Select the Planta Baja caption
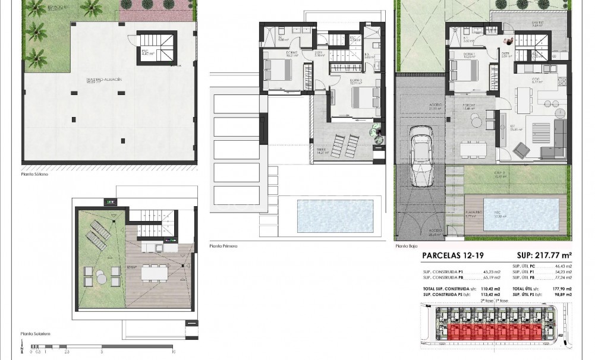tap(407, 244)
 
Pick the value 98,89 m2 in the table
tap(560, 294)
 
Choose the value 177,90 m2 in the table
tap(560, 288)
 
